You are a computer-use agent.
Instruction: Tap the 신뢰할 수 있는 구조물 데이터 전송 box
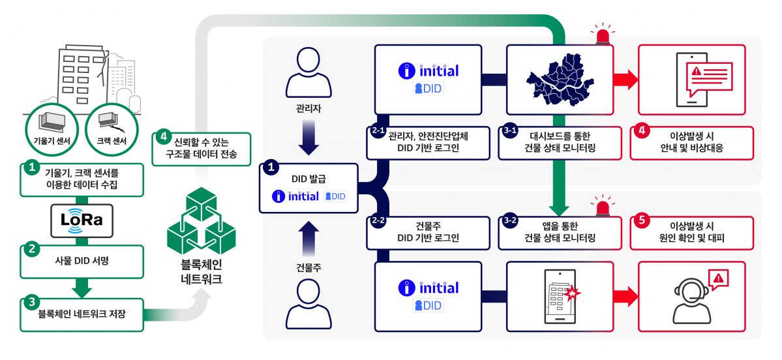coord(202,149)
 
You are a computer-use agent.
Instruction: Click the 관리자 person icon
coord(310,73)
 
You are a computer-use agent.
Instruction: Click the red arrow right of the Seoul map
coord(625,80)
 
